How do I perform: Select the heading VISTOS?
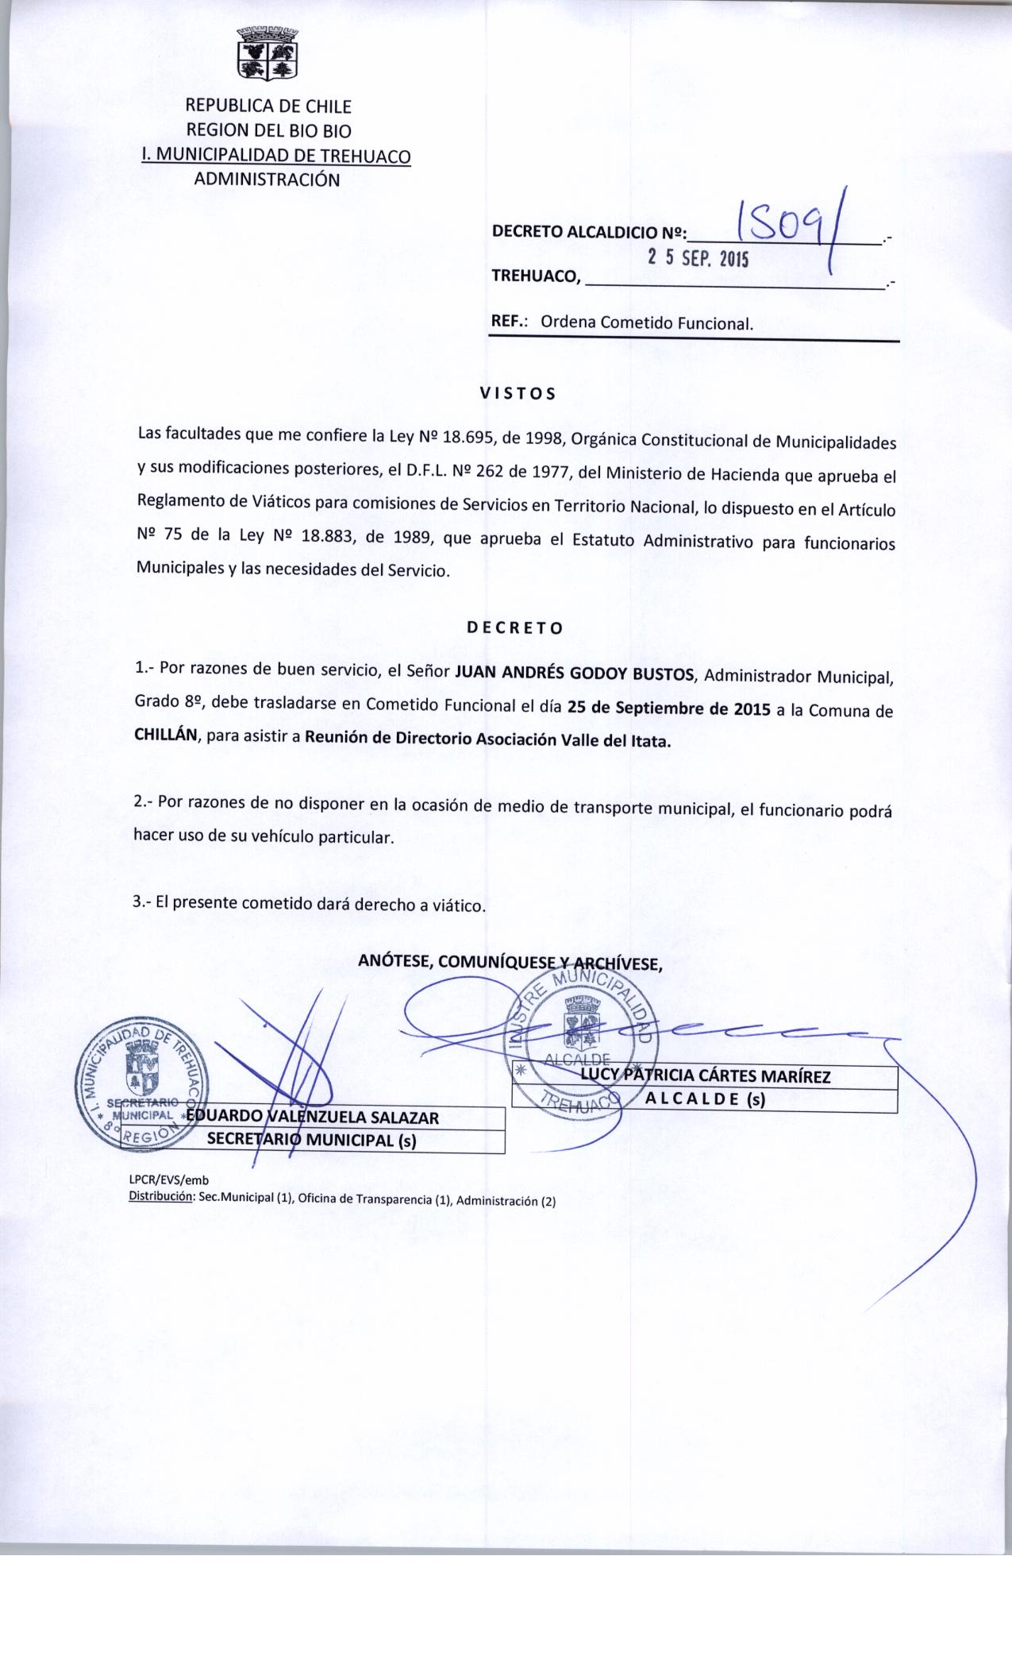coord(518,392)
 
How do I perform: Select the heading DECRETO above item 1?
coord(515,627)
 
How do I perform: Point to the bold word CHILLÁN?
coord(169,736)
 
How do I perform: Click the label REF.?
coord(511,322)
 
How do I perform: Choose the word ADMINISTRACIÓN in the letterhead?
coord(267,180)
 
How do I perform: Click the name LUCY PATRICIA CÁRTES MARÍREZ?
coord(706,1076)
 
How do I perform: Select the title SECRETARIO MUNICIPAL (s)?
coord(312,1141)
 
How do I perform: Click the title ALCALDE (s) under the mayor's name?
coord(706,1100)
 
